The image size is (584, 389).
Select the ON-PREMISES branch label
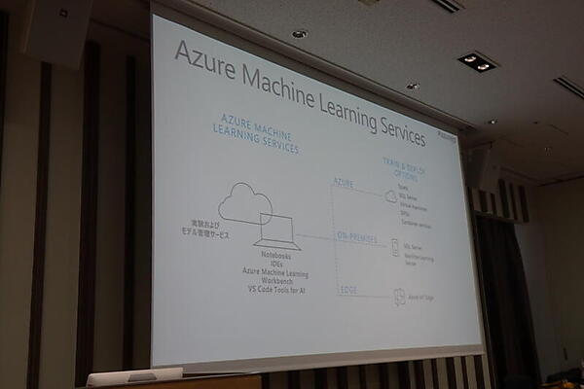[357, 238]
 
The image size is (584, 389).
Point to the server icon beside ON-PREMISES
[392, 251]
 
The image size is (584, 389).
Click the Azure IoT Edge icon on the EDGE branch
[399, 298]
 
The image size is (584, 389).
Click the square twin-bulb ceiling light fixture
[477, 62]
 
